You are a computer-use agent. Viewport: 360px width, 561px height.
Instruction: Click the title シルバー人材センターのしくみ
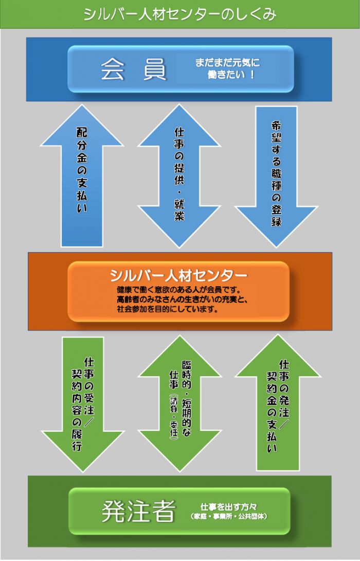click(179, 14)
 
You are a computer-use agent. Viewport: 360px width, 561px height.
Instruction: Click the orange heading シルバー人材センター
click(178, 275)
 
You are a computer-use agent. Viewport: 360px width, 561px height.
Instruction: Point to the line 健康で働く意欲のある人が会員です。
click(178, 289)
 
